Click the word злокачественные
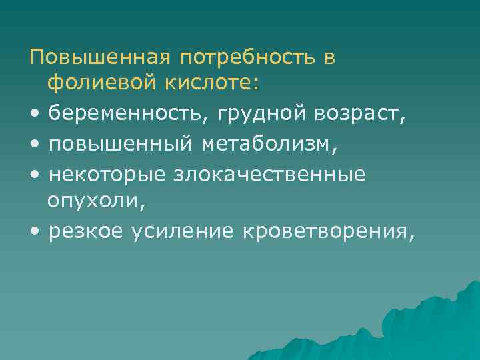[x=270, y=175]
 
